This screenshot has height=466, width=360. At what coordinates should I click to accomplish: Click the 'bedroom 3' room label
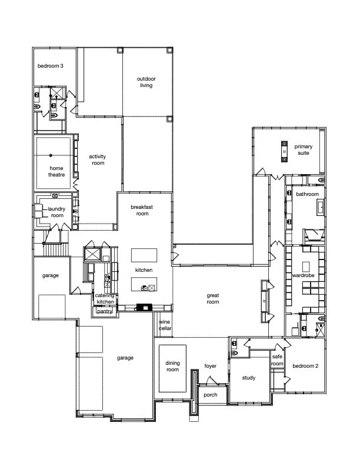51,66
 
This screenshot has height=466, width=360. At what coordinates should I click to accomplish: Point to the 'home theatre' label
56,171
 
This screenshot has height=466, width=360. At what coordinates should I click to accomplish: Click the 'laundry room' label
56,212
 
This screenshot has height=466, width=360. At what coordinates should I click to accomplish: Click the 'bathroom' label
307,194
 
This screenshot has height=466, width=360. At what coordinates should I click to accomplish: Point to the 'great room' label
212,298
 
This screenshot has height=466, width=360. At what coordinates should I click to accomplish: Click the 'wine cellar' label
165,325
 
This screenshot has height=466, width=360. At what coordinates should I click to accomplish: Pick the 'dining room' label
172,366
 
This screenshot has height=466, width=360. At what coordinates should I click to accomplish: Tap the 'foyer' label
211,366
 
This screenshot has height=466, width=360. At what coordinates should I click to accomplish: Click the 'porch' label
210,395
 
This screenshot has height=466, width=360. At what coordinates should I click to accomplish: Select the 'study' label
249,378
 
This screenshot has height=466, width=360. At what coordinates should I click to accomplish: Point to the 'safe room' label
278,360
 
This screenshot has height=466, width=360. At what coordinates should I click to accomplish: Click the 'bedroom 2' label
305,365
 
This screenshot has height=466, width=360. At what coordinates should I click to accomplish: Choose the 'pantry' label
105,311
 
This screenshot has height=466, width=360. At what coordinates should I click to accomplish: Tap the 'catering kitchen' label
105,298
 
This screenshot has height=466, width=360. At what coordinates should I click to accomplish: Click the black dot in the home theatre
51,155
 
